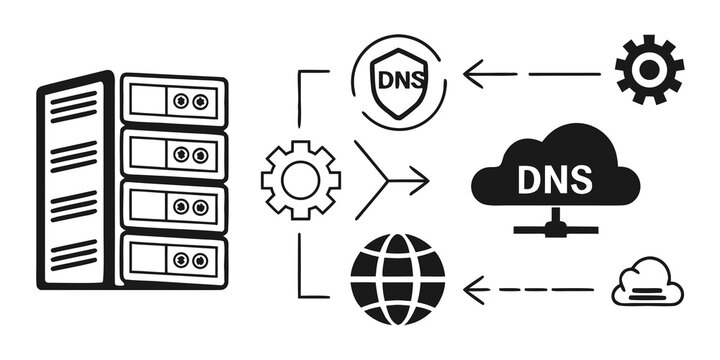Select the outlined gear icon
[x=300, y=180]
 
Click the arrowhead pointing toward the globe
[x=475, y=290]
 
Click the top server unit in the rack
[x=173, y=101]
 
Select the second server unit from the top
[x=173, y=154]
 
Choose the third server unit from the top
[x=173, y=206]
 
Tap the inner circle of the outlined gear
[x=300, y=180]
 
